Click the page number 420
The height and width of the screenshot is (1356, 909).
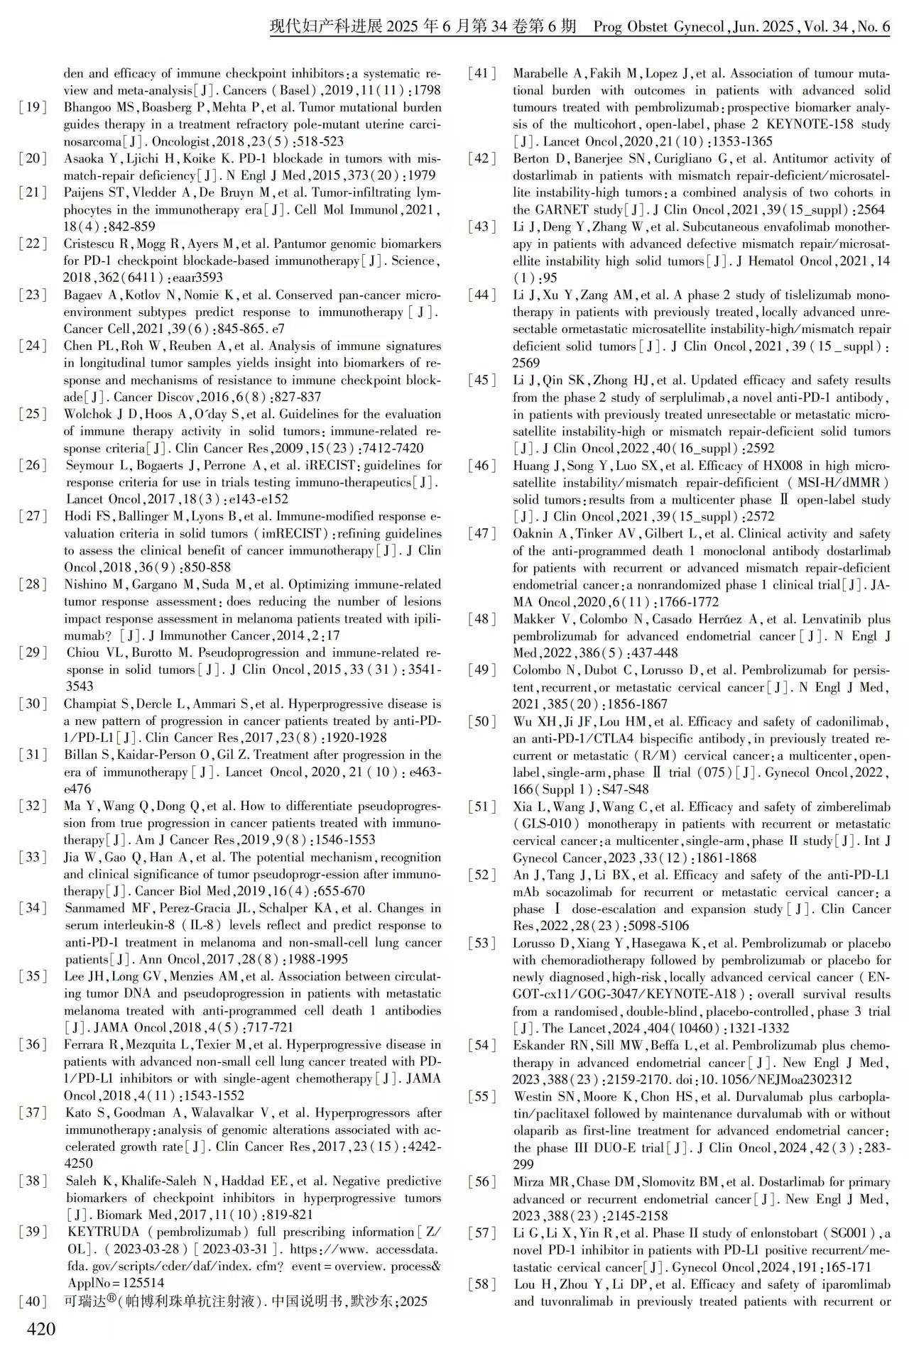[x=40, y=1328]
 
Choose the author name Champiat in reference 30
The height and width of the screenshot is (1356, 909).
[x=92, y=704]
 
